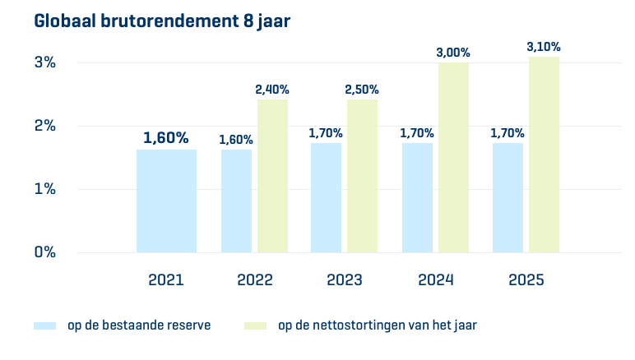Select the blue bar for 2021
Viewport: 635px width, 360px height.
[x=166, y=201]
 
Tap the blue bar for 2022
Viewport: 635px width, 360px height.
[x=236, y=201]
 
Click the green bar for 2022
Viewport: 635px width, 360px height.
[x=272, y=176]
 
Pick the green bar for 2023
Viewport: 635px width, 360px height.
[x=362, y=176]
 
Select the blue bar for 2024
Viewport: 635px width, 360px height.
[x=417, y=197]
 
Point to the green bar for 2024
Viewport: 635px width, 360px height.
[x=453, y=157]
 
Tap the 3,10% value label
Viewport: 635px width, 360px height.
[x=544, y=48]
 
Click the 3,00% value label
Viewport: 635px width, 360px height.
[x=453, y=53]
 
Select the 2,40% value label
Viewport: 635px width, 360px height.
[x=272, y=90]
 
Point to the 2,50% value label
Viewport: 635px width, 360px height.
[x=362, y=90]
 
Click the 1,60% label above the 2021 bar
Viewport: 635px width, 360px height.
[x=166, y=138]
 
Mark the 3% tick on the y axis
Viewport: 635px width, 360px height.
[x=44, y=62]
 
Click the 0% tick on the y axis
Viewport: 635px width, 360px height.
[x=44, y=252]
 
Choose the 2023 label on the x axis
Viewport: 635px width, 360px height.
[x=345, y=280]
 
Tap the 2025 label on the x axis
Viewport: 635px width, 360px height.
[x=526, y=280]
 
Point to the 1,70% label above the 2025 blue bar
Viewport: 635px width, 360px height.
[x=508, y=133]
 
